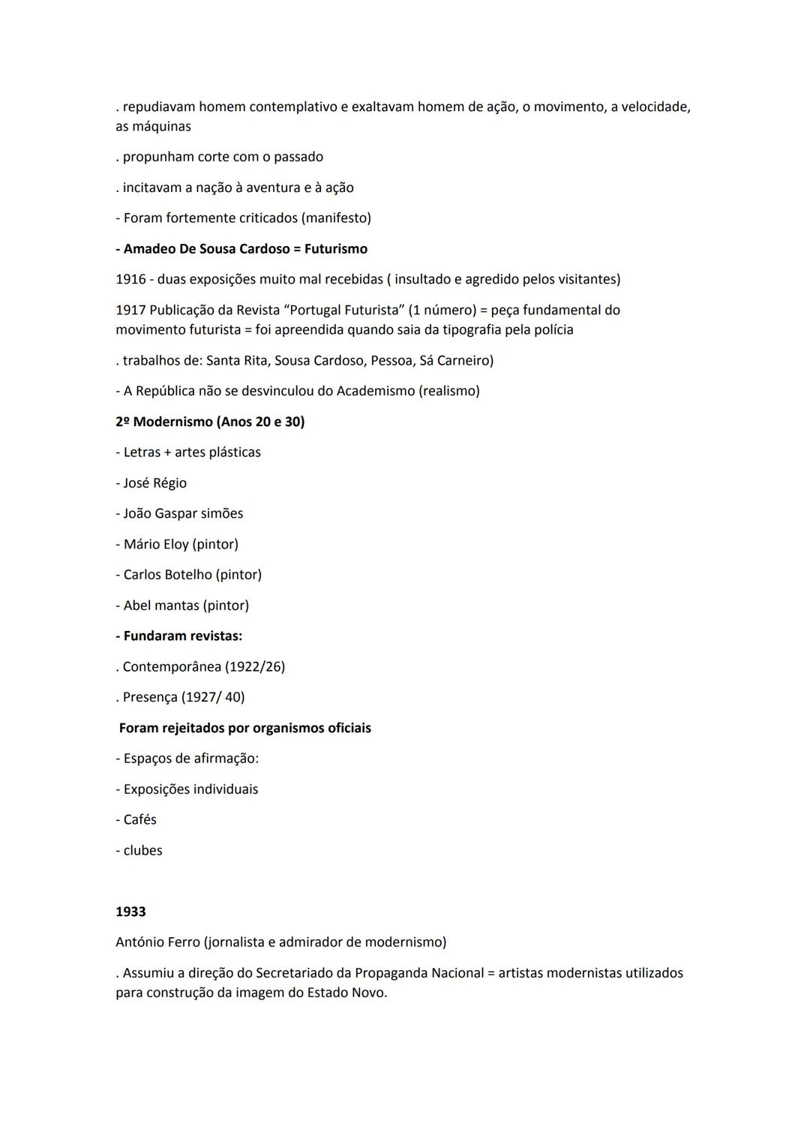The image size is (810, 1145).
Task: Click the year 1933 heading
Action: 130,912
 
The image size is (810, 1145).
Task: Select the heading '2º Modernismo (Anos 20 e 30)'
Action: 210,422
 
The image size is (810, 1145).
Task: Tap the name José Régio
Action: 155,483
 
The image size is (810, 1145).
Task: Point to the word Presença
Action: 150,697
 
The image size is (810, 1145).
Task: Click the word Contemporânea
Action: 172,666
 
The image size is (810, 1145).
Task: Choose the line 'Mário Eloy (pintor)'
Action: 181,544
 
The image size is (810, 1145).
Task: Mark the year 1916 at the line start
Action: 130,279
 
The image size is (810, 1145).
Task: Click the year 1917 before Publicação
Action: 130,310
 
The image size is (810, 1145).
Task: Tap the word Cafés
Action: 140,819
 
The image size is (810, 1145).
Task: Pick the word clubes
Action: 142,850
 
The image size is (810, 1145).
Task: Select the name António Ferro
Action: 157,942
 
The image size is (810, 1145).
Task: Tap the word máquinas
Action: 161,127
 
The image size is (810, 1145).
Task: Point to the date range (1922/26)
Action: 255,666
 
